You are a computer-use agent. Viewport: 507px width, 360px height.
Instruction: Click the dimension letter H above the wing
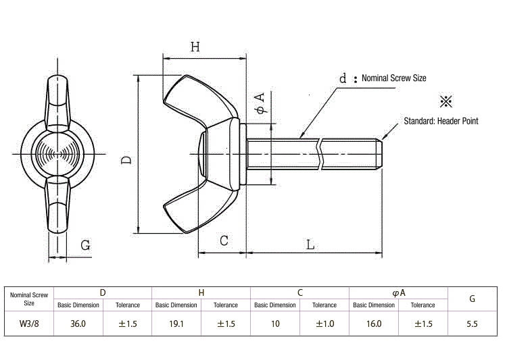[x=195, y=47]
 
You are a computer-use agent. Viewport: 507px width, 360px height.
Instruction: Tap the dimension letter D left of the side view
[x=126, y=160]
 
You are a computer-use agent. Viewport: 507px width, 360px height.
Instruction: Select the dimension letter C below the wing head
[x=224, y=240]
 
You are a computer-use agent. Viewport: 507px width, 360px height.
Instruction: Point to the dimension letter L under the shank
[x=310, y=245]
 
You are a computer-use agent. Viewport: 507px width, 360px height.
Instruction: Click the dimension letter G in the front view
[x=85, y=245]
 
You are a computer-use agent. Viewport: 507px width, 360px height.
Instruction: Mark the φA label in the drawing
[x=260, y=103]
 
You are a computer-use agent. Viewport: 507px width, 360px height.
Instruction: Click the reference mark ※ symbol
[x=446, y=101]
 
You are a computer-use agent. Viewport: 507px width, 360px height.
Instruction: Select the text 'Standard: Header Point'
[x=441, y=121]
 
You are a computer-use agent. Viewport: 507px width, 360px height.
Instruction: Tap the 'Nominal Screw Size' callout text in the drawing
[x=394, y=78]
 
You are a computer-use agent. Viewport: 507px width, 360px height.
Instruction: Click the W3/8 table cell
[x=29, y=324]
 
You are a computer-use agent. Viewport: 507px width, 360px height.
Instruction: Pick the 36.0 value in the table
[x=78, y=324]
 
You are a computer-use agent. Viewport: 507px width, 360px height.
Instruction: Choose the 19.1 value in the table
[x=176, y=324]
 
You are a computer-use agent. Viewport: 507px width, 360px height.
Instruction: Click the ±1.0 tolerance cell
[x=324, y=324]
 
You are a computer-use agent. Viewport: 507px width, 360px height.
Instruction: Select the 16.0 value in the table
[x=374, y=324]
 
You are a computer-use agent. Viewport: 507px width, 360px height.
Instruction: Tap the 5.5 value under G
[x=472, y=324]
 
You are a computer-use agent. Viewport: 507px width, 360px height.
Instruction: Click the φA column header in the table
[x=399, y=292]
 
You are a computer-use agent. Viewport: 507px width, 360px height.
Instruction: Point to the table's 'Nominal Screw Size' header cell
[x=29, y=299]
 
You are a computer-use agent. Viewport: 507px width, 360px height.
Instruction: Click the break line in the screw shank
[x=320, y=154]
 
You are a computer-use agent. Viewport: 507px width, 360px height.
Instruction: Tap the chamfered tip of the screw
[x=379, y=154]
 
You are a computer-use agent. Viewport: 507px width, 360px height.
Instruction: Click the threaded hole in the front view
[x=57, y=154]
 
